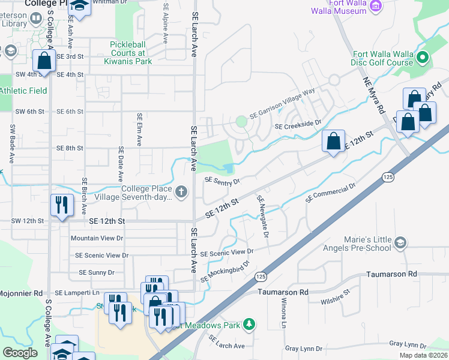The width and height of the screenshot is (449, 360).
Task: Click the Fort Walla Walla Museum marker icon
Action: tap(376, 6)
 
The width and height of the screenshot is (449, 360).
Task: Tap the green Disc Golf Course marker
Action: tap(422, 58)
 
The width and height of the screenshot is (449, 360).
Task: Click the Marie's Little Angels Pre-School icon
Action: tap(400, 242)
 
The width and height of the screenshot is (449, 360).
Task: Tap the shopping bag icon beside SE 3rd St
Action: tap(44, 61)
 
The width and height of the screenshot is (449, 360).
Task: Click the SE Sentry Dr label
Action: tap(222, 180)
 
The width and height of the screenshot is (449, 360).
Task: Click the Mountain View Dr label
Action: tap(97, 238)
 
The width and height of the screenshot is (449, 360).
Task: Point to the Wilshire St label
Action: tap(335, 298)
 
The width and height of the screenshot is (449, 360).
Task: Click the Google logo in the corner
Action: tap(20, 353)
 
